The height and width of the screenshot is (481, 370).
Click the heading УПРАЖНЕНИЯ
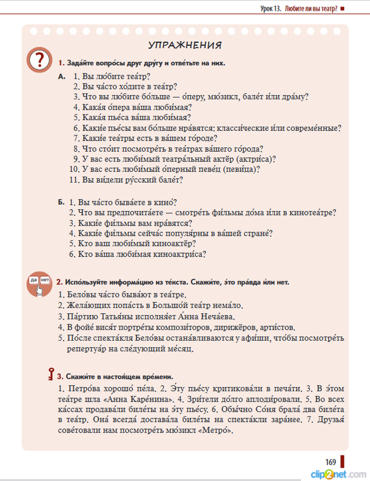185,45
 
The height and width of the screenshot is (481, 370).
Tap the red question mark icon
39,60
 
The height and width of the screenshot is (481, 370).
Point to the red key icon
51,374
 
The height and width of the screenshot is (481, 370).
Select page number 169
330,462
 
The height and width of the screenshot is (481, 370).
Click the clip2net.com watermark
338,474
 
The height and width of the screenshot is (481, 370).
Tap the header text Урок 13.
271,9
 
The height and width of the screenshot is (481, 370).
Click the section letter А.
62,77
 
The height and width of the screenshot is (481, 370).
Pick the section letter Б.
61,202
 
